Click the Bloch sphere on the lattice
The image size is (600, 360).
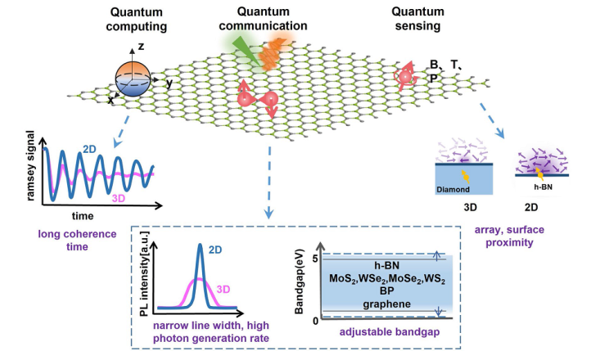pos(133,79)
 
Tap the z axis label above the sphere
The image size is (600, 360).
pos(141,47)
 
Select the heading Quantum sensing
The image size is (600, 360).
pos(417,19)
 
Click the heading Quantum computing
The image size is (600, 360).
pos(136,19)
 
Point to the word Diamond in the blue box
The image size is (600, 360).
pos(453,189)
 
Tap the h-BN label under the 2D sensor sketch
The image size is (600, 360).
pos(543,187)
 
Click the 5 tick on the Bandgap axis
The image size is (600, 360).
pos(315,259)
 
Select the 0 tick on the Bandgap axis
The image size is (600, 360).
pos(315,321)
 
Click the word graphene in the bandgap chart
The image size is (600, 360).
pos(387,304)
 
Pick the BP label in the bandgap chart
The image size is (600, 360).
pos(387,291)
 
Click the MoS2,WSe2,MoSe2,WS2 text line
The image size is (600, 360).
pos(387,278)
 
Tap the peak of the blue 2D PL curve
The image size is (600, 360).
pos(200,245)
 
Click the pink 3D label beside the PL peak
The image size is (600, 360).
pos(223,289)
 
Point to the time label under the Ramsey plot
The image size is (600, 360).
pos(83,216)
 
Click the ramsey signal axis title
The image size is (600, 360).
pos(30,165)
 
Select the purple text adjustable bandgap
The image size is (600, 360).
pos(390,331)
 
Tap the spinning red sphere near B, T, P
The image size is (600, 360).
pos(405,77)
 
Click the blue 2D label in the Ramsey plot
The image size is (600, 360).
pos(89,149)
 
